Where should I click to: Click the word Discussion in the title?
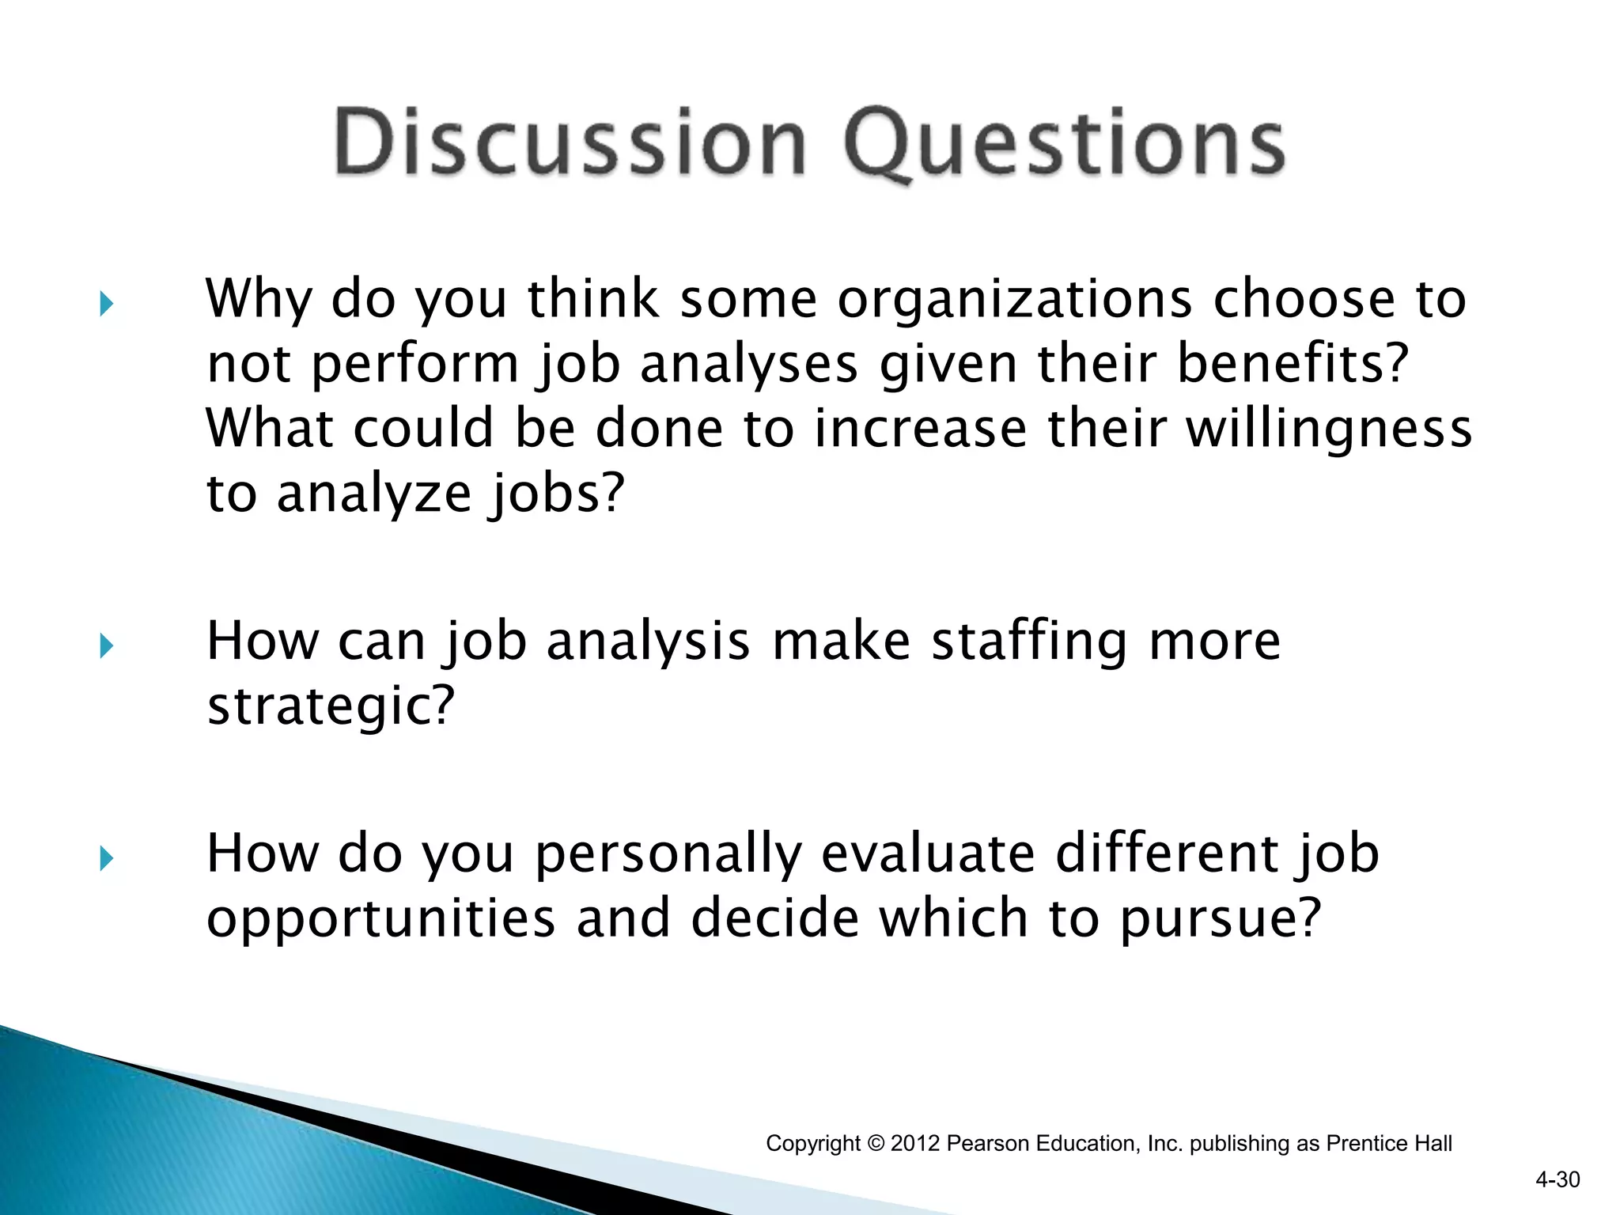pos(570,142)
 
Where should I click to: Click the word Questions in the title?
pos(1064,144)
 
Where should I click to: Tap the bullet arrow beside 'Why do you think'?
pos(107,304)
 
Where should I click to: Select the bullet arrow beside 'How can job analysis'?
pos(107,646)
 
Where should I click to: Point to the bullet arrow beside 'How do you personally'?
pos(107,858)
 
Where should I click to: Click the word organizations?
pos(1014,301)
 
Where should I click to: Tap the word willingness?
pos(1329,428)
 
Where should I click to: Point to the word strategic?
pos(331,706)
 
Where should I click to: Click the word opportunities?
pos(380,919)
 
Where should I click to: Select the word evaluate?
pos(928,854)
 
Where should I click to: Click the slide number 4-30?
pos(1557,1180)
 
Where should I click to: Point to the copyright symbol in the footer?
pos(875,1144)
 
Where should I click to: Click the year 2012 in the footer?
pos(915,1144)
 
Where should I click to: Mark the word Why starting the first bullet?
pos(259,301)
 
